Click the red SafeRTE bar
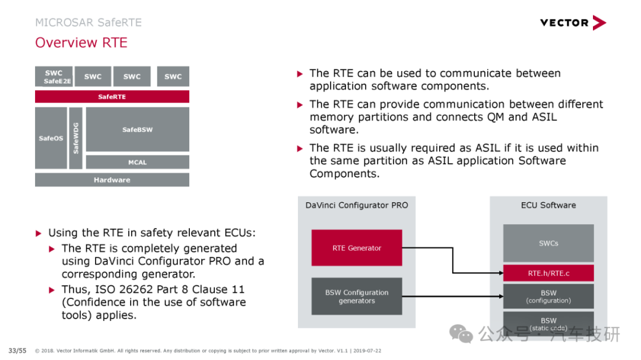point(112,97)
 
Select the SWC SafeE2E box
point(54,77)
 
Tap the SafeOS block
point(51,138)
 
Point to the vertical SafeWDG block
point(75,138)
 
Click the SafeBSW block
point(137,129)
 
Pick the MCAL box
point(137,163)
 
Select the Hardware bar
point(112,180)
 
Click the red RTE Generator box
point(357,248)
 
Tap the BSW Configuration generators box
point(357,297)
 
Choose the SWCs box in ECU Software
point(548,243)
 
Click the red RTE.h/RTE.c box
point(548,273)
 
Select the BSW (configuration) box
point(548,297)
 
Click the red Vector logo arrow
point(599,23)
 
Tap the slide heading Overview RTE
point(81,43)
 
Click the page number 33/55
point(17,351)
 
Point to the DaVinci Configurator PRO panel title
point(357,205)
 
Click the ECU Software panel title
point(548,205)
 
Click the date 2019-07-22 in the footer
point(367,351)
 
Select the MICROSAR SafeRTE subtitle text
point(88,23)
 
